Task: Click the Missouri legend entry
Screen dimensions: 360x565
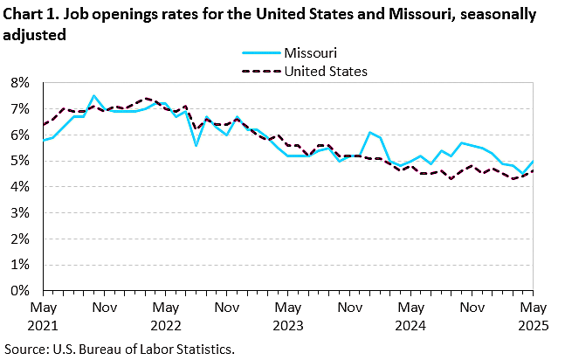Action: (x=310, y=53)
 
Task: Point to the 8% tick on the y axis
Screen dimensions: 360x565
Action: (x=20, y=83)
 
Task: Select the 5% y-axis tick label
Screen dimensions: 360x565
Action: (x=20, y=161)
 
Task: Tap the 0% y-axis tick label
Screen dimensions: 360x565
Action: (x=20, y=290)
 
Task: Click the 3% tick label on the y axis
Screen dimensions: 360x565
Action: (x=20, y=212)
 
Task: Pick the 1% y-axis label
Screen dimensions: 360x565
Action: (x=20, y=265)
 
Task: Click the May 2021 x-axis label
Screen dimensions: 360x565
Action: (x=43, y=315)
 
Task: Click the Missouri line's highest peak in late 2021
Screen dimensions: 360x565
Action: (x=93, y=95)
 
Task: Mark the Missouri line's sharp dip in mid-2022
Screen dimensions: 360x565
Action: (x=196, y=145)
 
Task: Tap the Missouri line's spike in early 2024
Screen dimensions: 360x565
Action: (x=370, y=133)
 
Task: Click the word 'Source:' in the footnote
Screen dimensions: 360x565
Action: (x=26, y=350)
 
